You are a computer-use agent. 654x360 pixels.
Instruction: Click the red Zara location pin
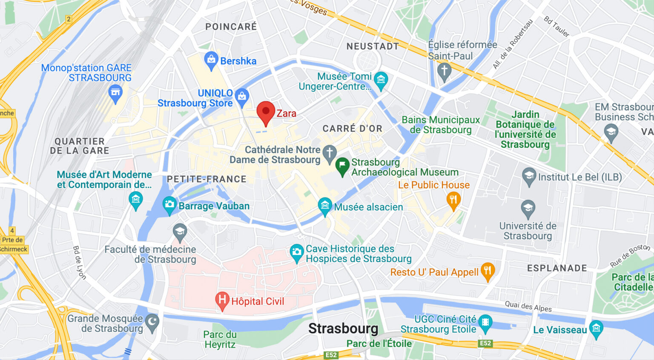point(266,112)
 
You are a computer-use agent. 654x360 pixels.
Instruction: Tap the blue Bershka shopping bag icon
point(211,60)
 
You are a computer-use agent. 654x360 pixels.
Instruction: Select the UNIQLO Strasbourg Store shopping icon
point(242,97)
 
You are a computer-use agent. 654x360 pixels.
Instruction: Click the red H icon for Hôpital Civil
point(222,300)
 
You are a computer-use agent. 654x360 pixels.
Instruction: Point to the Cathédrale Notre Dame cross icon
point(329,153)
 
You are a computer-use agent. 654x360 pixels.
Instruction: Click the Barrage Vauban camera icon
point(169,205)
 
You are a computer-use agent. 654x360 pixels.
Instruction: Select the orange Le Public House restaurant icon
point(453,200)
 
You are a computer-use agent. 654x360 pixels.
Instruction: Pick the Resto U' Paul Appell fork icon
point(488,271)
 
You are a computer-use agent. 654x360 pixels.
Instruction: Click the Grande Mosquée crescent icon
point(152,323)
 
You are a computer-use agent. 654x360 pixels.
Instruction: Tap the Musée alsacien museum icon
point(325,206)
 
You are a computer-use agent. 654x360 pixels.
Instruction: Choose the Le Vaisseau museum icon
point(596,329)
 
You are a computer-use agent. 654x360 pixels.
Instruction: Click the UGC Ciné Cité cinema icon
point(485,323)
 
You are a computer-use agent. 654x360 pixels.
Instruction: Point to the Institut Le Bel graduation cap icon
point(529,176)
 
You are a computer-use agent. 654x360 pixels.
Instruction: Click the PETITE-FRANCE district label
point(207,179)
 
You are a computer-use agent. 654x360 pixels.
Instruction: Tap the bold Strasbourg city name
point(343,329)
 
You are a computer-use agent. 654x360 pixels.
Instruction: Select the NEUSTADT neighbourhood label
point(373,46)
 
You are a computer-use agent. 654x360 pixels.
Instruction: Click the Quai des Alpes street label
point(528,306)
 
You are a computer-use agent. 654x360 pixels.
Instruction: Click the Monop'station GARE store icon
point(115,93)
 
